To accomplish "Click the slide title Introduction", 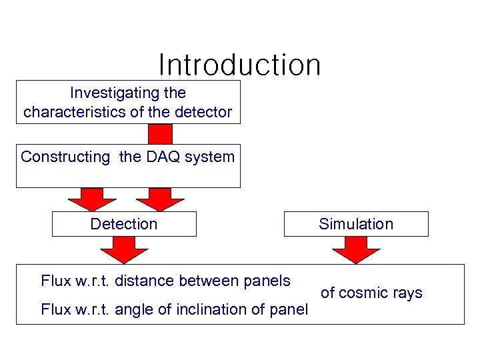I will [240, 65].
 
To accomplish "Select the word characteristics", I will [74, 112].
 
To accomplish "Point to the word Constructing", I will [65, 157].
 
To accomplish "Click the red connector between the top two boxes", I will [160, 134].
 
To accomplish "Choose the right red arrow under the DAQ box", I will [160, 198].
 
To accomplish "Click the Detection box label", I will [124, 224].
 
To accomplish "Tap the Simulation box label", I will [356, 224].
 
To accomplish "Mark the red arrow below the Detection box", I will [124, 249].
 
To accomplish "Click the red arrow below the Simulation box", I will [356, 249].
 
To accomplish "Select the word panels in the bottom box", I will [267, 281].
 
